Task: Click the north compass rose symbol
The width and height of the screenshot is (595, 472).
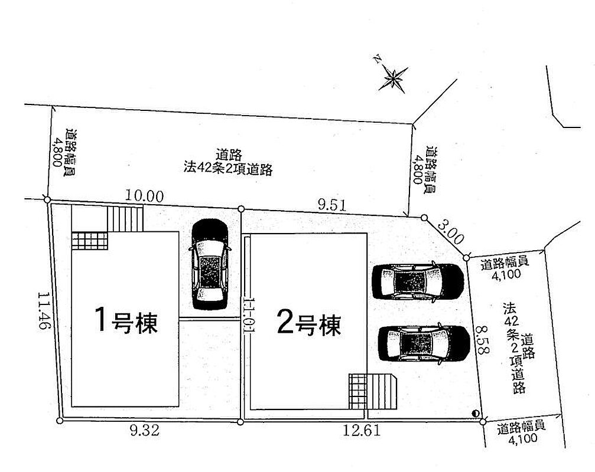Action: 393,78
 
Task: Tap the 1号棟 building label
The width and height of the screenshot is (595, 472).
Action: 126,320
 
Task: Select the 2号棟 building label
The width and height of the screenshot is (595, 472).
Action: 309,324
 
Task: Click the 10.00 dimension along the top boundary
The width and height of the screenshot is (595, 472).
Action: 144,196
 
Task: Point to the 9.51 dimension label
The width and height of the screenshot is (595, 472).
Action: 332,205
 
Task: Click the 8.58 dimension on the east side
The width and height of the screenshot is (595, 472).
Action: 482,339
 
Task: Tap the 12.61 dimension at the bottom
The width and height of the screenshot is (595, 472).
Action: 361,430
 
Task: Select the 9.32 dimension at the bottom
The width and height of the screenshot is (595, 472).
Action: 145,430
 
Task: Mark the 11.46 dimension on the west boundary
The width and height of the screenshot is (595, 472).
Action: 44,311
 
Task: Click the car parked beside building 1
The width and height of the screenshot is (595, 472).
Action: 210,264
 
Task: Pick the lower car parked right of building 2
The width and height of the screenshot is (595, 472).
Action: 424,343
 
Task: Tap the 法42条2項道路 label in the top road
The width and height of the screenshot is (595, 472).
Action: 228,168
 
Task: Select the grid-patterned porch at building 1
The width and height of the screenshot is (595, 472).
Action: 90,241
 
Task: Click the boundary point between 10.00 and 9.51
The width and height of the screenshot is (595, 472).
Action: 241,209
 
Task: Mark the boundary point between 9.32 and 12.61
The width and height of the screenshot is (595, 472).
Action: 240,422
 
